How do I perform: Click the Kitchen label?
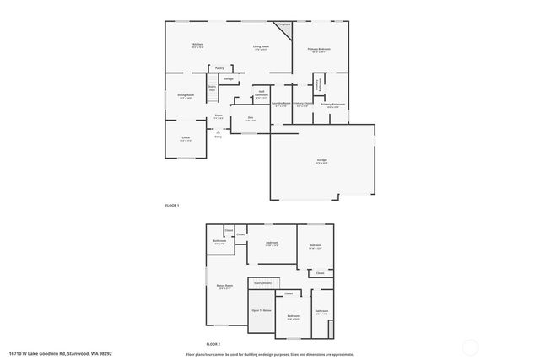(197, 45)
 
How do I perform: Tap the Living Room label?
(261, 48)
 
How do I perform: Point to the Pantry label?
(219, 67)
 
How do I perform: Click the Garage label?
(321, 160)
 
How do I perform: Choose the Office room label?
(186, 138)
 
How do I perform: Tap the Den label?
(250, 117)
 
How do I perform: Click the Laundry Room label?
(281, 105)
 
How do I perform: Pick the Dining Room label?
(186, 96)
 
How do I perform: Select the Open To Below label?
(262, 310)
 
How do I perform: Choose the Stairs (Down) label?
(262, 283)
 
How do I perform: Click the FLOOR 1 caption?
(171, 205)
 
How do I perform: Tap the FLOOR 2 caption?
(213, 344)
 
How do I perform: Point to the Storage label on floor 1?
(228, 78)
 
